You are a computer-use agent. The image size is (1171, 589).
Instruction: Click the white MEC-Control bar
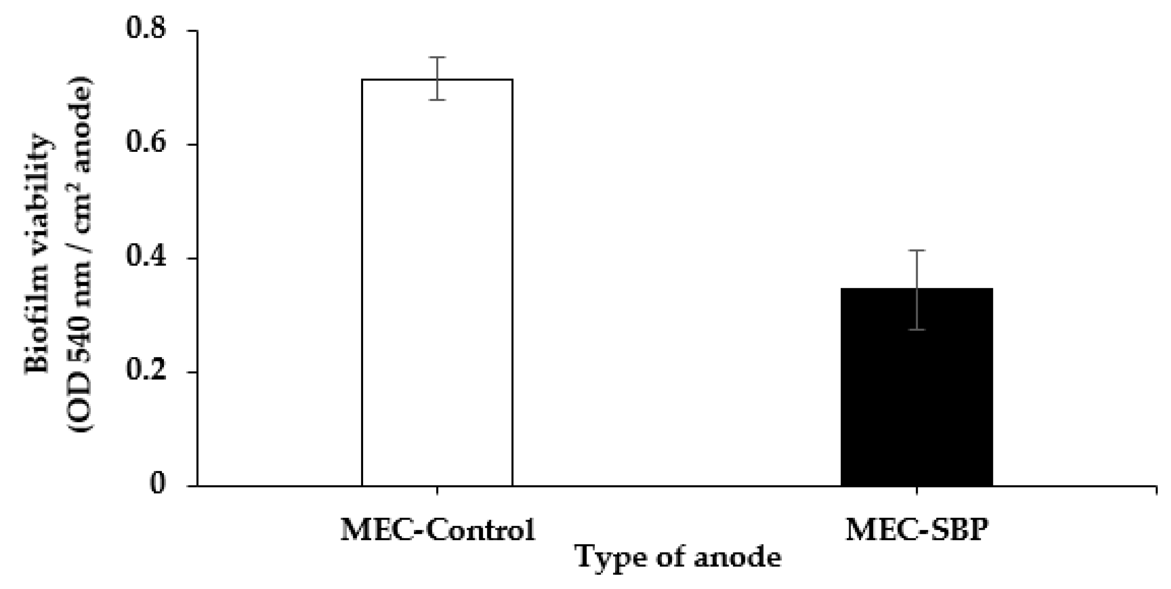point(437,282)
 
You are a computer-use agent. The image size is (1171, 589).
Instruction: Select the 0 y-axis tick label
point(158,484)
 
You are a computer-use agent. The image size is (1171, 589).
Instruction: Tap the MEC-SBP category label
point(917,530)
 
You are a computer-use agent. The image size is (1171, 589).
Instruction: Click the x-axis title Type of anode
point(679,557)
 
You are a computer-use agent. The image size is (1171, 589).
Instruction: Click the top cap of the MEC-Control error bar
point(437,57)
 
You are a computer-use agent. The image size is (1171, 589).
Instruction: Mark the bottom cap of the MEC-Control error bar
point(437,99)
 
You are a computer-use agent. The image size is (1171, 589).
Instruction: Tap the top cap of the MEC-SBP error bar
point(917,250)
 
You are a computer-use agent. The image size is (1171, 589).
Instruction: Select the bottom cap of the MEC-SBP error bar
point(917,329)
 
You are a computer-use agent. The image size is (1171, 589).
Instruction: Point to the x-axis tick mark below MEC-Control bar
point(437,490)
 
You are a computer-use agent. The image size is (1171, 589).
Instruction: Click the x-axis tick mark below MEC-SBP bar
point(917,490)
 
